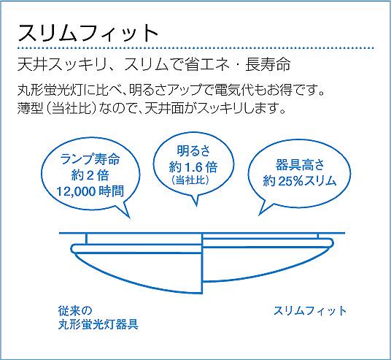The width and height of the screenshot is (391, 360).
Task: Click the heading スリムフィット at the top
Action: (x=88, y=33)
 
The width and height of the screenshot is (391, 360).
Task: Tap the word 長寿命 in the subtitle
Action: (x=268, y=64)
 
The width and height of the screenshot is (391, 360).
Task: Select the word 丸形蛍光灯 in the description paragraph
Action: (x=50, y=90)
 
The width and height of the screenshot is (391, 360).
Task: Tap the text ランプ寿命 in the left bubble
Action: (x=90, y=159)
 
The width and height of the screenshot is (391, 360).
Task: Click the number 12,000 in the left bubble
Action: (x=76, y=192)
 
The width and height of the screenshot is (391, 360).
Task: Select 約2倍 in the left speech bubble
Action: (x=90, y=175)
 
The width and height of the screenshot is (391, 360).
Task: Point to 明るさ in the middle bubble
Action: (x=193, y=150)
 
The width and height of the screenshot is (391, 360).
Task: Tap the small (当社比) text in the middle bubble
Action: (x=190, y=180)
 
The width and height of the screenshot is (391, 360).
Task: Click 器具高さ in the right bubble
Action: (x=300, y=164)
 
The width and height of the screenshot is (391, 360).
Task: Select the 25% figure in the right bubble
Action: (x=290, y=181)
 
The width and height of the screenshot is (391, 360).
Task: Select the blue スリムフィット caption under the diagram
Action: (x=310, y=311)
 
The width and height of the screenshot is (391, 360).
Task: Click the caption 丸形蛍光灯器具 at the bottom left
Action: (x=98, y=324)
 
